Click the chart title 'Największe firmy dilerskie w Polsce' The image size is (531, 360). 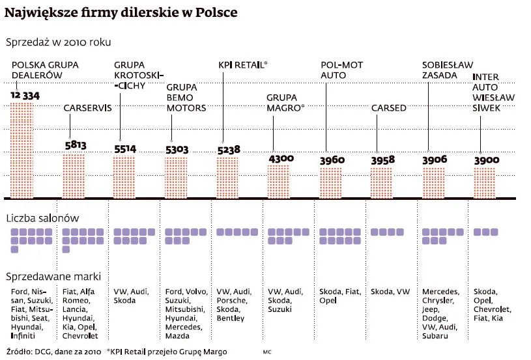tap(121, 12)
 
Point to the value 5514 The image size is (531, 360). tap(124, 149)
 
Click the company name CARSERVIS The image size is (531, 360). tap(87, 108)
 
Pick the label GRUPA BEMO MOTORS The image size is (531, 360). tap(186, 97)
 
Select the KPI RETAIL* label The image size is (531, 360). tap(242, 65)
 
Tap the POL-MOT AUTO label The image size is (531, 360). tap(341, 70)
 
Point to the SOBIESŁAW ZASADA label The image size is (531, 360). tap(442, 70)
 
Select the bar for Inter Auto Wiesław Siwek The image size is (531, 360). tap(485, 183)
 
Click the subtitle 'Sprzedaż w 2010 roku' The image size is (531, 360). tap(58, 42)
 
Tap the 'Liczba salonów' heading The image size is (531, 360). tap(42, 218)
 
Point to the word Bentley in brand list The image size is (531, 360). tap(231, 318)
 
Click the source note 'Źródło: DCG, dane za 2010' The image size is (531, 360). tap(53, 352)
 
